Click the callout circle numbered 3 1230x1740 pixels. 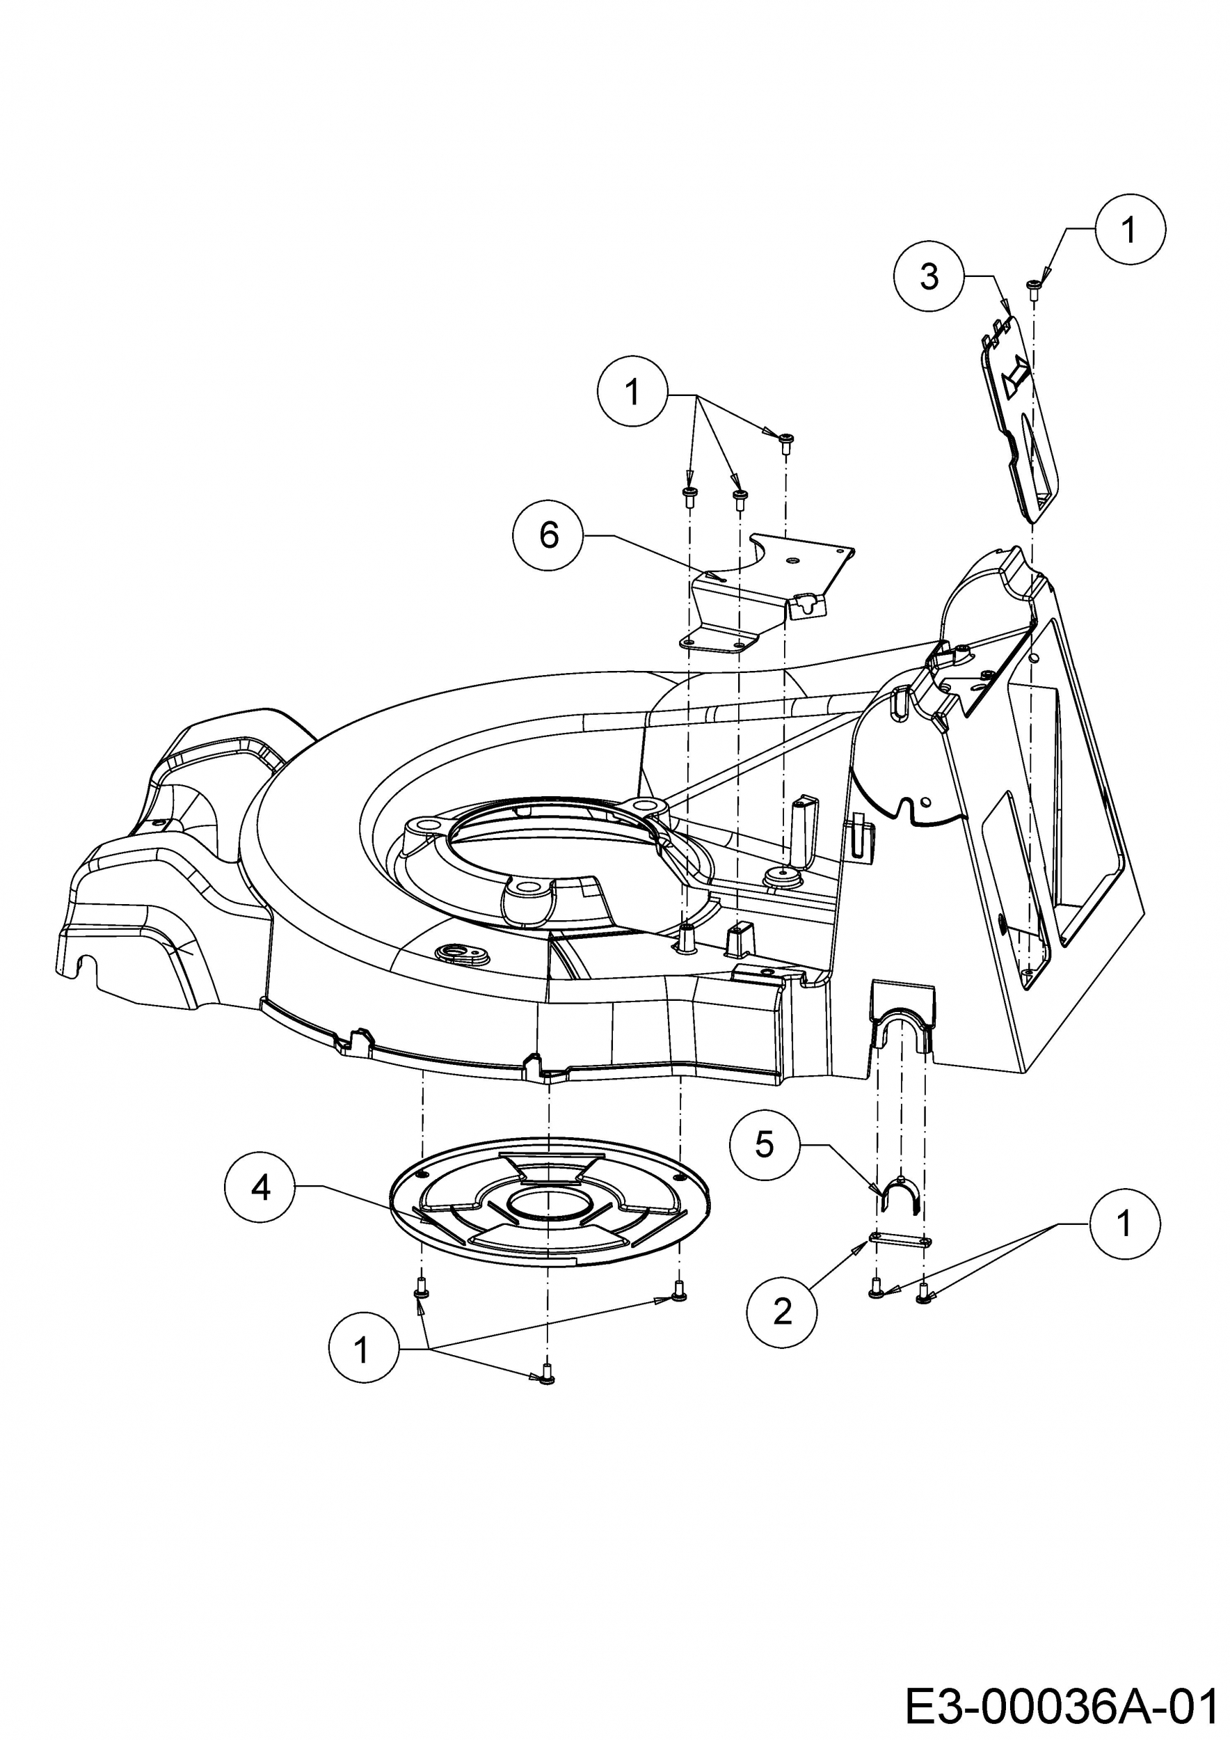[929, 276]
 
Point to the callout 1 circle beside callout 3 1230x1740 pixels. [1130, 229]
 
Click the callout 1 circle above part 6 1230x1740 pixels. [632, 392]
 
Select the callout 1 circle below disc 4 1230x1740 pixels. [362, 1349]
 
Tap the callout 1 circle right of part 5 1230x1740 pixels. [1124, 1223]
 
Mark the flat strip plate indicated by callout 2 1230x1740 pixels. [900, 1239]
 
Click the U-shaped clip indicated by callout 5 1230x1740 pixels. [900, 1192]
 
